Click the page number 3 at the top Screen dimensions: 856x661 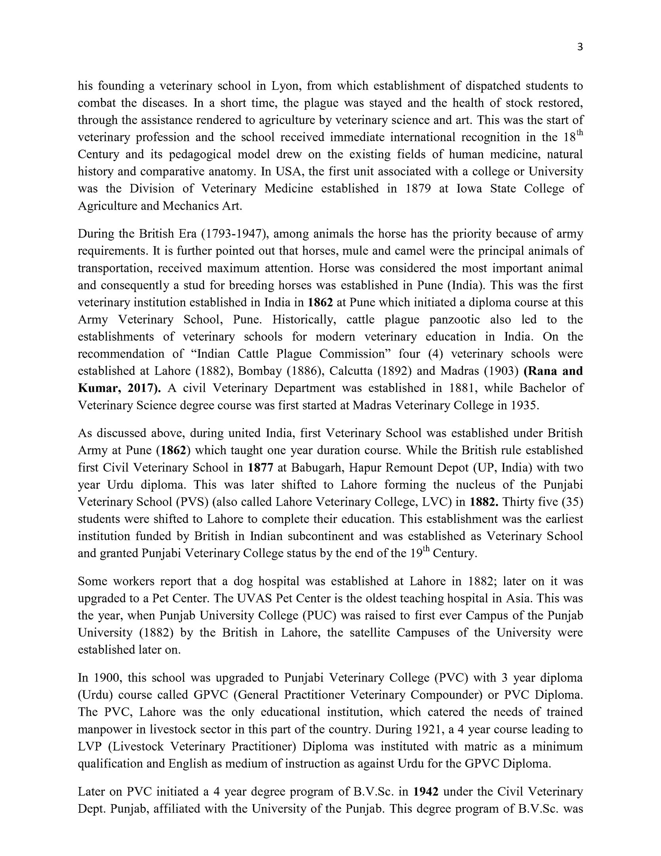tap(580, 48)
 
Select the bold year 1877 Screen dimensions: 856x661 tap(261, 468)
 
